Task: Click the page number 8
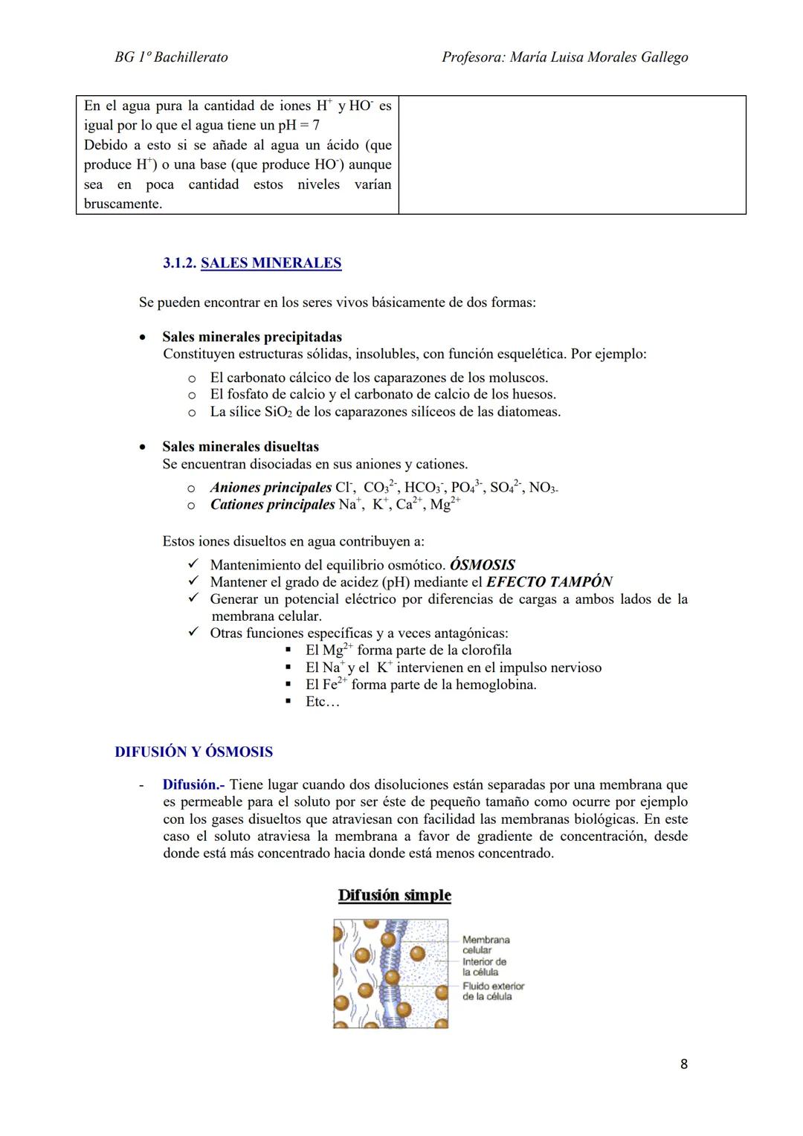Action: click(683, 1064)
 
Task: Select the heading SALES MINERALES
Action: click(271, 263)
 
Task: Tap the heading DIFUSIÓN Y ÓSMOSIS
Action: click(193, 752)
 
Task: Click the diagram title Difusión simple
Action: click(394, 895)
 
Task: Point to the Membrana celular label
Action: click(486, 945)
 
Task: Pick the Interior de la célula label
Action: click(484, 966)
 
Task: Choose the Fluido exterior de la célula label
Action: click(493, 991)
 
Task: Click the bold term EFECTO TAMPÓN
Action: click(549, 582)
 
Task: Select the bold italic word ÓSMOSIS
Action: click(482, 565)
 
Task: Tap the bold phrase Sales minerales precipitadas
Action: click(252, 337)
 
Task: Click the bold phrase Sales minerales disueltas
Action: click(240, 447)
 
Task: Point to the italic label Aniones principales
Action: click(271, 488)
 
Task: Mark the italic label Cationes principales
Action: click(272, 505)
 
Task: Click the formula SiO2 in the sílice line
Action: click(278, 412)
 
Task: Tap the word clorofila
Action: click(486, 651)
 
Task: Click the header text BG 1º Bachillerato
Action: click(171, 57)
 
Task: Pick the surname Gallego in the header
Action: click(662, 57)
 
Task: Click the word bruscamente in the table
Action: click(123, 204)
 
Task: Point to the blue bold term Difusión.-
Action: click(193, 785)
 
